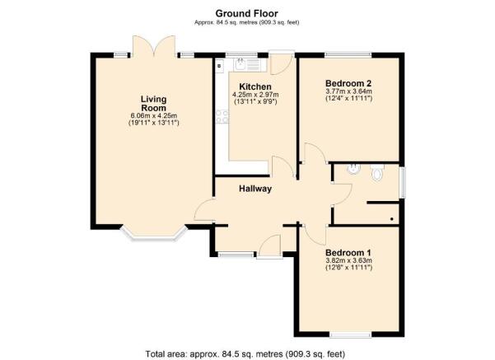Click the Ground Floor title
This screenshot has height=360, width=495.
pos(247,12)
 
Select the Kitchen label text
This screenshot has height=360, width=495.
pos(254,87)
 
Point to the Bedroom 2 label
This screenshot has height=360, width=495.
pos(348,83)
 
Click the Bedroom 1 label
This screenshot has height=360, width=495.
pos(348,252)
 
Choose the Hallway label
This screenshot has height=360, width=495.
pos(255,189)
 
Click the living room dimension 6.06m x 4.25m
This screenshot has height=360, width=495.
pos(154,115)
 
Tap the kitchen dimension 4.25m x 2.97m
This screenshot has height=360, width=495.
pos(254,97)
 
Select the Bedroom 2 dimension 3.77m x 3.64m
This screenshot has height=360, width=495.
pos(348,92)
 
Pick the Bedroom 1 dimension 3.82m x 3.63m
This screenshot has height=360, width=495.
pos(348,261)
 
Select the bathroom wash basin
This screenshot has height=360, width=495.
pos(353,169)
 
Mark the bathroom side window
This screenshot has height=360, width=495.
pos(402,182)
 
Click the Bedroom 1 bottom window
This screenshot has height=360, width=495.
pos(348,333)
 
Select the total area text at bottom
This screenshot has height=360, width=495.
pos(247,352)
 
